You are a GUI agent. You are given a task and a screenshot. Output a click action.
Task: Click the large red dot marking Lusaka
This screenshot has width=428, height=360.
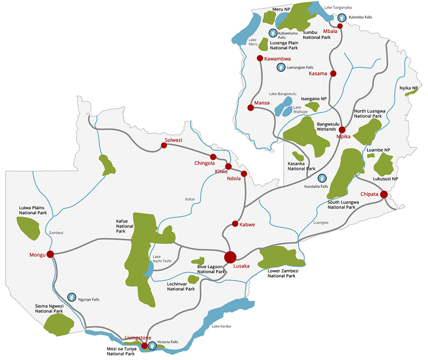coord(230,257)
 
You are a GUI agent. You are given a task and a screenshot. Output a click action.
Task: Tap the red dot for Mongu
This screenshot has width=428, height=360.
coord(50,254)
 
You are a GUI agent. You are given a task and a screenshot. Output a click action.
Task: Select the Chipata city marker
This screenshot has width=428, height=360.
coord(384,194)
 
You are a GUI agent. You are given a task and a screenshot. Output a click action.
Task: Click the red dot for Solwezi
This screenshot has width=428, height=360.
coord(164,145)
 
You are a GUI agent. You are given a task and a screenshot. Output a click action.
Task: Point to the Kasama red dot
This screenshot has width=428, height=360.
coord(333,73)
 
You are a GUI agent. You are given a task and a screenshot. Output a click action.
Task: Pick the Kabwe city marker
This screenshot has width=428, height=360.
coord(235,224)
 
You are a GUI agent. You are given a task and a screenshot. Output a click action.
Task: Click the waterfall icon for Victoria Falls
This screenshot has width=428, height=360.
coord(152,345)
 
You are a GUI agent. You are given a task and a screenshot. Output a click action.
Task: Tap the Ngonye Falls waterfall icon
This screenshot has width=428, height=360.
coord(72,297)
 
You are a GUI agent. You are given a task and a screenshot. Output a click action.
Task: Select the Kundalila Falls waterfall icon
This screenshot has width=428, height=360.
coord(322,178)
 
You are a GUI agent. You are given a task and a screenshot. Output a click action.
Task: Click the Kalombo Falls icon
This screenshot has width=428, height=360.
coord(342,17)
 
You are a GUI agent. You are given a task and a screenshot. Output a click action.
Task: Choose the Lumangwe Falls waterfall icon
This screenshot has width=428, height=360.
coord(281,67)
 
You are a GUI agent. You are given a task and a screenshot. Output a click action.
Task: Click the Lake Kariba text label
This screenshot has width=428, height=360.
coord(221,326)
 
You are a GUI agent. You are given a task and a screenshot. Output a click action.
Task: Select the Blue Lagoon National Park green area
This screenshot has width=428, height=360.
coord(198,261)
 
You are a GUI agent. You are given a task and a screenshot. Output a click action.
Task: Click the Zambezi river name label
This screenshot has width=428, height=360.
coord(56,233)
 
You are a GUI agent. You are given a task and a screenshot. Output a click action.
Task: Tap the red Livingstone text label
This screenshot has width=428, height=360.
coord(138,338)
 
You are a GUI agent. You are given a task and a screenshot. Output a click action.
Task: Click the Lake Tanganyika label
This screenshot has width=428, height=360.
coord(338,7)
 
